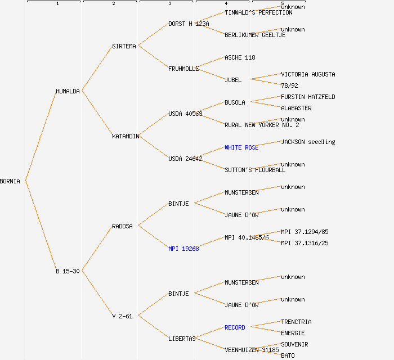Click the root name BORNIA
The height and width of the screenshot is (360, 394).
click(x=10, y=181)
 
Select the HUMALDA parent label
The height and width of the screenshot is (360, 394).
click(x=68, y=91)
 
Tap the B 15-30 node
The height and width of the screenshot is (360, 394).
click(x=68, y=271)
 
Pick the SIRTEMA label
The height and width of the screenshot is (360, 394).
click(x=124, y=46)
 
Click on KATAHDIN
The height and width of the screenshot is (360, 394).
click(x=126, y=136)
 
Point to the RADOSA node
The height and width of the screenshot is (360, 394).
click(x=122, y=226)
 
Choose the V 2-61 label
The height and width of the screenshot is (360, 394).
click(x=122, y=316)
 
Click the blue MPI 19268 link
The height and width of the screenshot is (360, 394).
click(x=183, y=249)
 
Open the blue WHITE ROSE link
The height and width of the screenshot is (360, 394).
click(x=241, y=147)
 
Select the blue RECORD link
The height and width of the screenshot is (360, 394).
click(x=235, y=327)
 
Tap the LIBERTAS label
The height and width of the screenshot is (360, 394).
click(x=182, y=339)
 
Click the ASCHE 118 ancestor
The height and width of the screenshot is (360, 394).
click(x=240, y=57)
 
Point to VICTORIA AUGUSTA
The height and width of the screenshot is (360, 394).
click(x=308, y=74)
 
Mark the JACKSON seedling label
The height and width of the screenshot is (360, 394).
click(x=308, y=142)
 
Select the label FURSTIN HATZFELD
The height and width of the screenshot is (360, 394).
click(x=308, y=97)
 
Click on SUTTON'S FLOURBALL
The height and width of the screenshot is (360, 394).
click(x=255, y=170)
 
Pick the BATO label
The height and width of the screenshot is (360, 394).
click(x=288, y=355)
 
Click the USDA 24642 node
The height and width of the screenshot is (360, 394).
click(x=185, y=159)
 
